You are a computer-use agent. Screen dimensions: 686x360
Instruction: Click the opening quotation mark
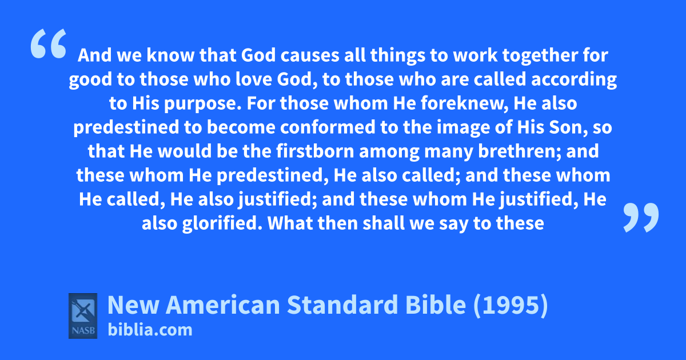point(49,43)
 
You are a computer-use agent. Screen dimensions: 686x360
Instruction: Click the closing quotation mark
point(641,217)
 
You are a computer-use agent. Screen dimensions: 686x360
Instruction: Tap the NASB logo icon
point(83,316)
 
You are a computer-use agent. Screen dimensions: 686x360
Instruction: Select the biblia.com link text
point(150,330)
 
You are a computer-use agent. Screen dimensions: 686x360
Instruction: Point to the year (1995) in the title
point(510,305)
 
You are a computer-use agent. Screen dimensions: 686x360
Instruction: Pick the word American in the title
point(223,305)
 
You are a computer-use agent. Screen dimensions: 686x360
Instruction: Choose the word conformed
point(328,127)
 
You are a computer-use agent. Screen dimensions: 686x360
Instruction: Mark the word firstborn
point(315,151)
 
